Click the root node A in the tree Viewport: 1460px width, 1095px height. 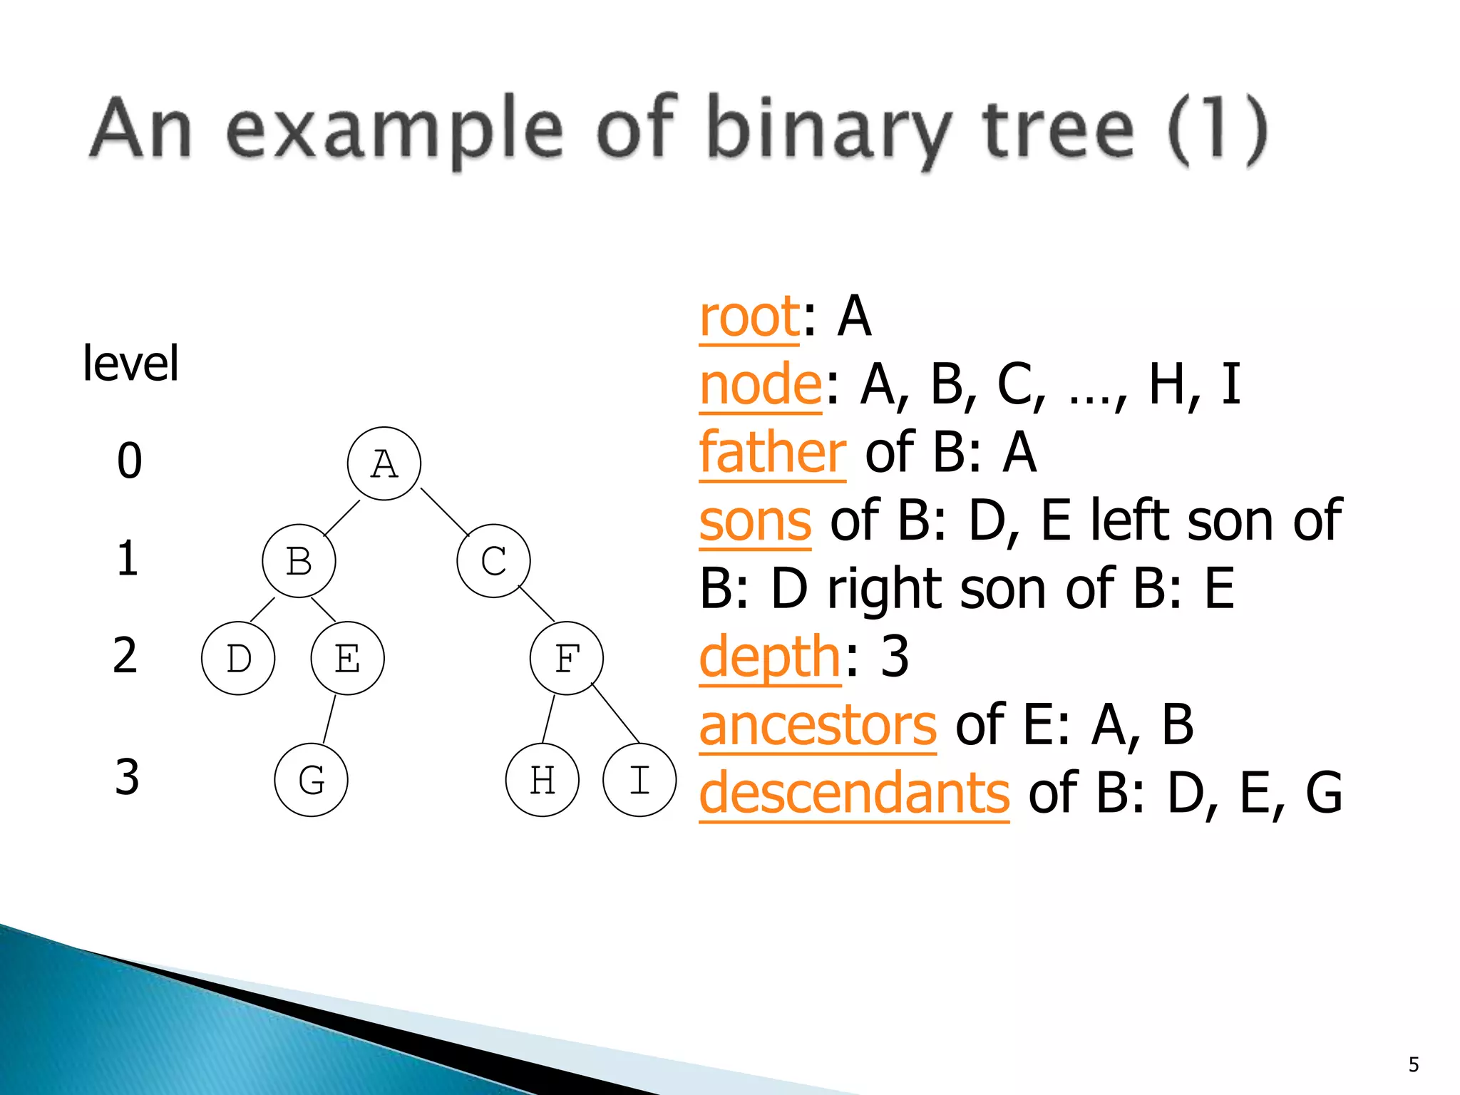[x=384, y=464]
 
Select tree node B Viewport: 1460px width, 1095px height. [x=299, y=561]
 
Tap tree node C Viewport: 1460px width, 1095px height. [x=493, y=561]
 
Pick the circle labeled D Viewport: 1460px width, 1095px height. [x=238, y=659]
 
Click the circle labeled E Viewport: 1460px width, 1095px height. [x=347, y=659]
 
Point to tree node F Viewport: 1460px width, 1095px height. [x=567, y=659]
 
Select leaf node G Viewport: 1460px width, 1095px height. [x=311, y=780]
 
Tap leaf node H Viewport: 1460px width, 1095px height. [x=542, y=780]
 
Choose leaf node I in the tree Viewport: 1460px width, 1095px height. [x=639, y=780]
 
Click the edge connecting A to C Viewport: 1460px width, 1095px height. [x=445, y=512]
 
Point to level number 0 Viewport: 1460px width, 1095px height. [x=130, y=461]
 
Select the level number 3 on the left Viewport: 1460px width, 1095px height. [x=127, y=777]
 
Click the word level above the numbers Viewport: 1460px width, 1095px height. [x=130, y=364]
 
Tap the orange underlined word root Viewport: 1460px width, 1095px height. [x=749, y=317]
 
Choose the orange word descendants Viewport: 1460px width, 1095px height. [x=853, y=793]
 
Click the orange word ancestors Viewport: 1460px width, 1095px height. [x=817, y=726]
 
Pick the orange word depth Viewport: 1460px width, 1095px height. [x=770, y=657]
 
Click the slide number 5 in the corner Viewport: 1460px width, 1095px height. [x=1414, y=1065]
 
